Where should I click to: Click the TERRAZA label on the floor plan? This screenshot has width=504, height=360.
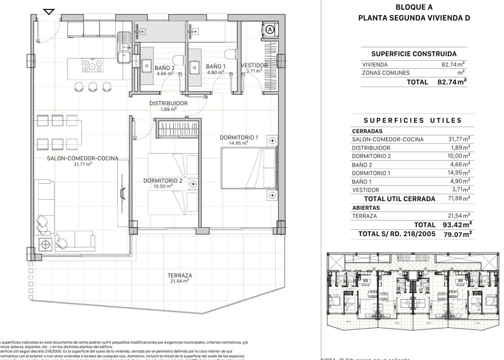coord(180,275)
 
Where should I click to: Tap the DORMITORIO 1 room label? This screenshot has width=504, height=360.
coord(239,137)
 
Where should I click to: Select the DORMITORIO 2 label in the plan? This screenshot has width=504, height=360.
coord(162,180)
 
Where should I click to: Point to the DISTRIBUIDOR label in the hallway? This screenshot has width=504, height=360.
coord(168,103)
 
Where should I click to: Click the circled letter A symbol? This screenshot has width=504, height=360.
coord(270,29)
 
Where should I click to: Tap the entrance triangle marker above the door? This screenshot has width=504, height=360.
coord(49,12)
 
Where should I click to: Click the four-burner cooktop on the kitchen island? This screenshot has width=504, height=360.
coord(92,67)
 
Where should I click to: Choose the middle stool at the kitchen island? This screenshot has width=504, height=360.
coord(93,86)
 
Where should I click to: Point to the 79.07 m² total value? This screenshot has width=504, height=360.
coord(455,234)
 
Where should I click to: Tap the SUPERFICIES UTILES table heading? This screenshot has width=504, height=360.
coord(413,121)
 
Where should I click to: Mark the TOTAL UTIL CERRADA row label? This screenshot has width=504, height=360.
coord(400,199)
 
